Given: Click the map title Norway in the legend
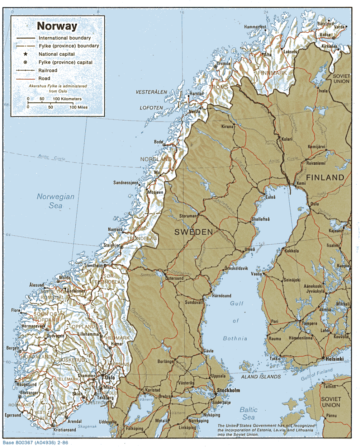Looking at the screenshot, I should tap(57, 26).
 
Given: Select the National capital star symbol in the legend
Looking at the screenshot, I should tap(25, 54).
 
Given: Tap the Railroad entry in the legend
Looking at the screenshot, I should tap(48, 70).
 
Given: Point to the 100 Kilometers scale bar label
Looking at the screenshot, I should tap(67, 99).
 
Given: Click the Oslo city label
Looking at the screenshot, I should tap(110, 377).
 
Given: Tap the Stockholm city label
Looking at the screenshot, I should tap(228, 390).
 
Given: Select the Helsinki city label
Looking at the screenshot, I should tap(334, 359).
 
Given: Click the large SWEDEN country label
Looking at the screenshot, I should tap(194, 232).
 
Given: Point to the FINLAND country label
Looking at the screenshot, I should tap(325, 177).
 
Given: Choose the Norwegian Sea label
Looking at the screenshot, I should tap(56, 201).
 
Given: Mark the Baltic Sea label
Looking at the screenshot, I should tap(248, 413).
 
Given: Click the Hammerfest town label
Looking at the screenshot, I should tap(255, 27).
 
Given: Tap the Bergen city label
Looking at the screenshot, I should tap(13, 348).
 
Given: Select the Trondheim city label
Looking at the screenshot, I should tap(93, 266).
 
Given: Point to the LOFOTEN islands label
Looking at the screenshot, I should tap(151, 108).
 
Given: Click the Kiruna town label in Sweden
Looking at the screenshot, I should tap(227, 127).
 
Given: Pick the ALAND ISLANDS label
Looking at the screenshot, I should tap(261, 377).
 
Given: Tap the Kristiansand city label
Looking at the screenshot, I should tap(65, 430).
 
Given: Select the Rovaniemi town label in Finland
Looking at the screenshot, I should tap(316, 163).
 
